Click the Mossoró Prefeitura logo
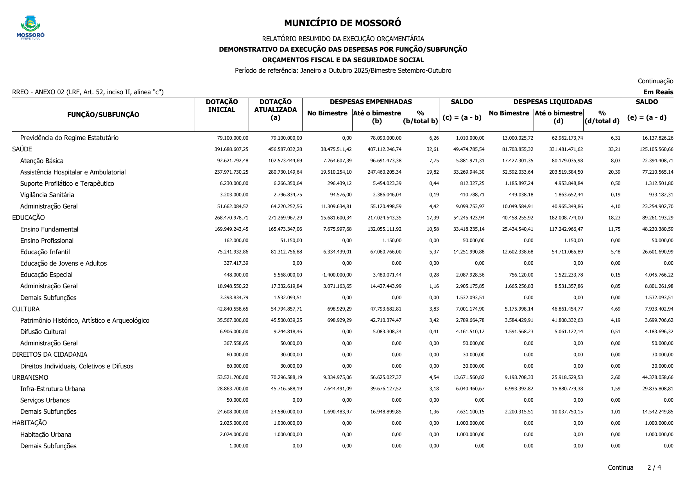tap(30, 27)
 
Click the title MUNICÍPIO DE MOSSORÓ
tap(342, 23)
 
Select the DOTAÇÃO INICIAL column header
tap(222, 106)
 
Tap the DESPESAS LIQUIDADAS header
tap(552, 102)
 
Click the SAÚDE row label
tap(22, 149)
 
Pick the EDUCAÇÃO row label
tap(29, 217)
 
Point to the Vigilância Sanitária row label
tap(47, 195)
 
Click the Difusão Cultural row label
tap(43, 332)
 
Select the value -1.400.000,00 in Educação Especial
tap(337, 275)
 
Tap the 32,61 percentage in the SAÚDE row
tap(433, 149)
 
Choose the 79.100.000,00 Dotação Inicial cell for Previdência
tap(233, 138)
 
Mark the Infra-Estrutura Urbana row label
tap(53, 389)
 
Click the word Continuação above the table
tap(655, 81)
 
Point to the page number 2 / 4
tap(654, 467)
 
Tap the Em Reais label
tap(658, 92)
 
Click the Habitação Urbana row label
tap(46, 435)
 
